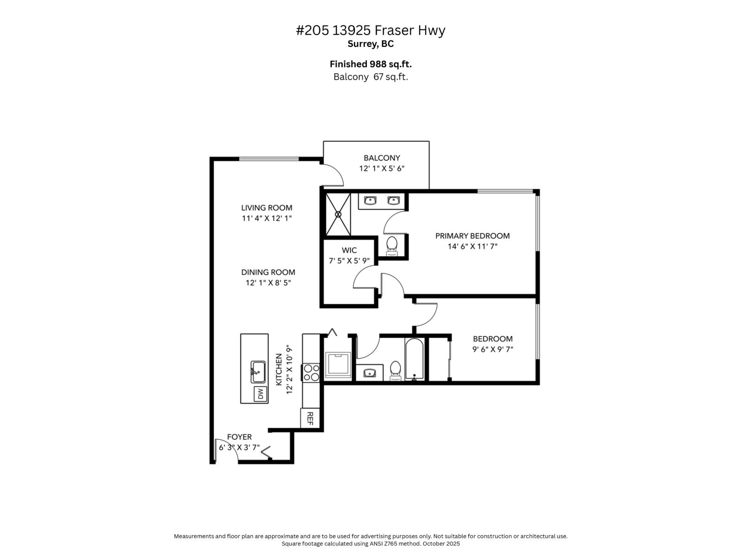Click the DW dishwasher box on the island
point(260,394)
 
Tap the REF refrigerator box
point(310,418)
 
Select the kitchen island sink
point(258,372)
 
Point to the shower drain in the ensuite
point(338,214)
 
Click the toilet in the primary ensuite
point(392,245)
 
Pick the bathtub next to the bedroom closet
point(414,360)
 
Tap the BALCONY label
point(382,158)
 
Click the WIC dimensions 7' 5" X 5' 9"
point(349,261)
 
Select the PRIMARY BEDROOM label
point(472,236)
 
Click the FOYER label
point(239,437)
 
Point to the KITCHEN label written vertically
point(279,369)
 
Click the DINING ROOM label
point(268,272)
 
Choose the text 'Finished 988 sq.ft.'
point(371,64)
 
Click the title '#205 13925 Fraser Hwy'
point(371,30)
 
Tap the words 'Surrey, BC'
point(371,44)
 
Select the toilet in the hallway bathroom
point(395,369)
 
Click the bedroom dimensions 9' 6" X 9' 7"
point(493,349)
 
